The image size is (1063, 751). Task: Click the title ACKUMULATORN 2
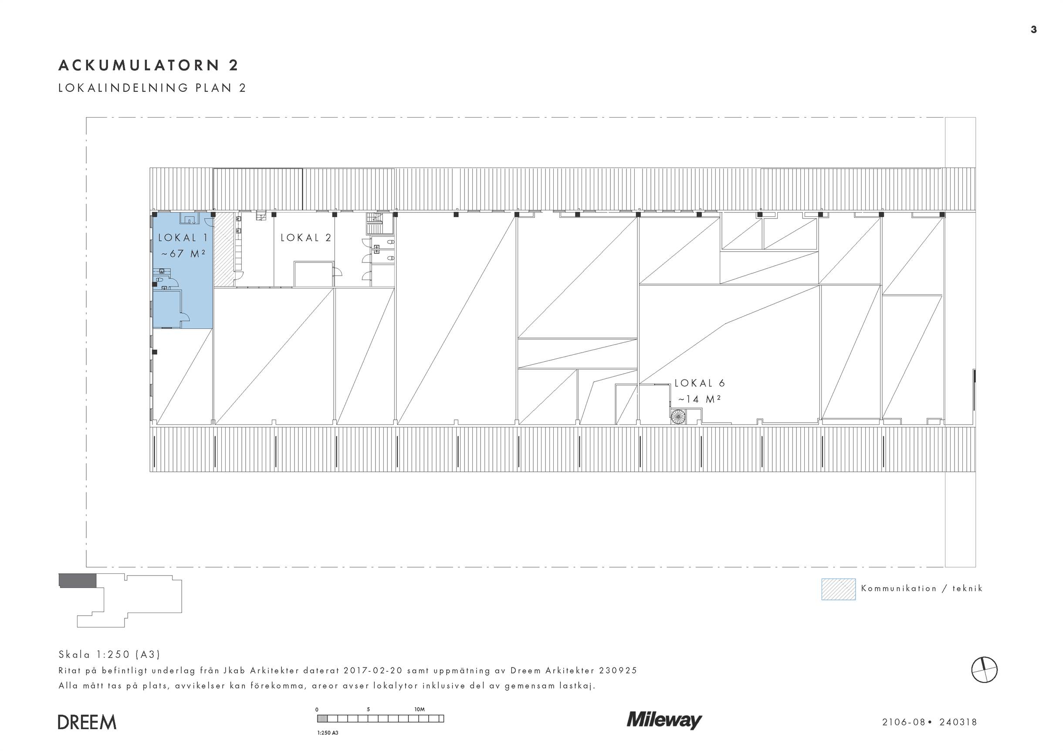click(148, 65)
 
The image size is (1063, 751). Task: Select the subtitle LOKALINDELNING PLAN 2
click(152, 88)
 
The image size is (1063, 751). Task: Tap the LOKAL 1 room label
click(183, 238)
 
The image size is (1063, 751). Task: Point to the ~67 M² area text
click(183, 253)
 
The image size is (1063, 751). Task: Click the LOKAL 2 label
click(306, 238)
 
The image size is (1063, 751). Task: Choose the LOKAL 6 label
click(700, 383)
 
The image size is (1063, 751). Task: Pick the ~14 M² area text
click(700, 399)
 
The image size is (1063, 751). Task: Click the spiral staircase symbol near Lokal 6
click(678, 417)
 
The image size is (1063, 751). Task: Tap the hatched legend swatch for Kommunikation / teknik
click(839, 589)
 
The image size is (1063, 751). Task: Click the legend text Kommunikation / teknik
click(922, 589)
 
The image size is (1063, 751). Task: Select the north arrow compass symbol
click(984, 670)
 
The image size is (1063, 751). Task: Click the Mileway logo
click(664, 721)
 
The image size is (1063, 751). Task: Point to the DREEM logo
click(87, 722)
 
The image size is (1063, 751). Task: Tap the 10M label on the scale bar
click(420, 709)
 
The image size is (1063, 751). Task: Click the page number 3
click(1034, 30)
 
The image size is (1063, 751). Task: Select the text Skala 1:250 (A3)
click(109, 654)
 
